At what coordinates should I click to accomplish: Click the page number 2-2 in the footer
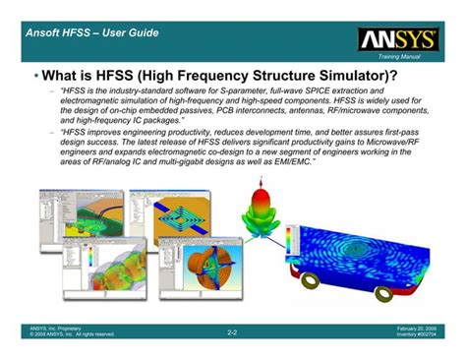[x=232, y=333]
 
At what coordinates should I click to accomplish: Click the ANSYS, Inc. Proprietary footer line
[x=58, y=327]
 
